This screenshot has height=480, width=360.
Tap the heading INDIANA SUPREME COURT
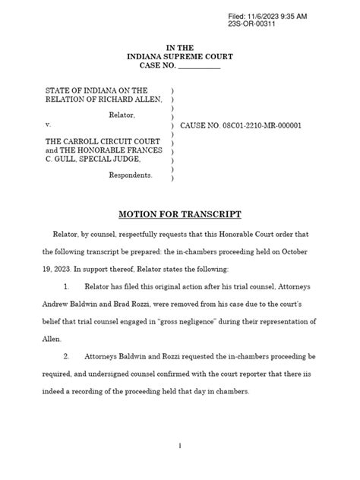click(x=180, y=56)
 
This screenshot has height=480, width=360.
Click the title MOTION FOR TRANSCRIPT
click(x=179, y=214)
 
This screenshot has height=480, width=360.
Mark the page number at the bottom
click(x=179, y=447)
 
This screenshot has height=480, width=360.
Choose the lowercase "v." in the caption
click(x=48, y=124)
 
